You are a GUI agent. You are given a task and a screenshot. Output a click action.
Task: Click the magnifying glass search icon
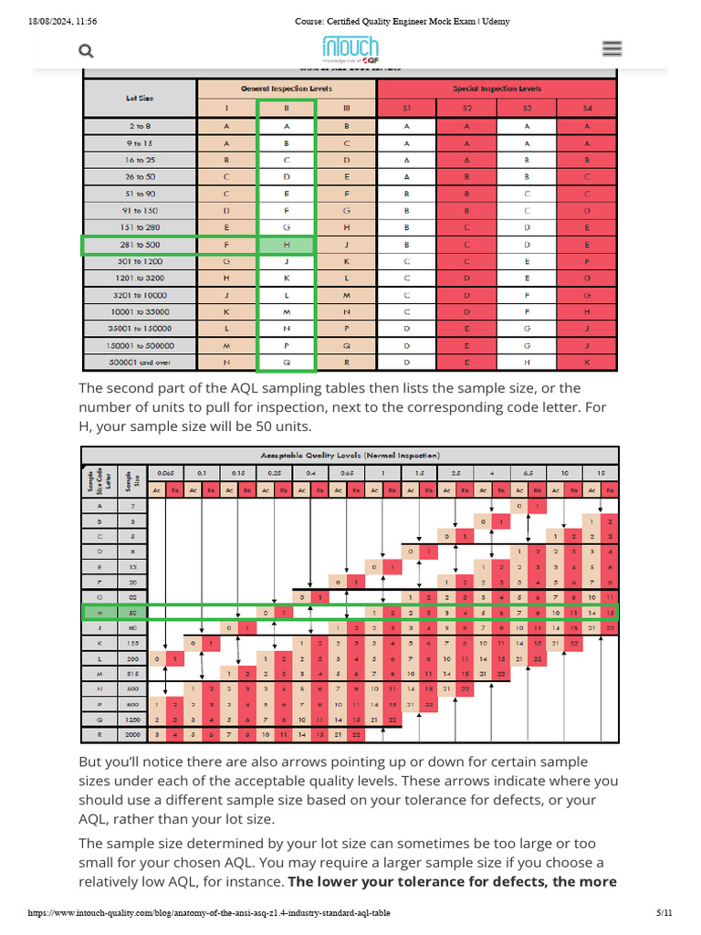click(87, 51)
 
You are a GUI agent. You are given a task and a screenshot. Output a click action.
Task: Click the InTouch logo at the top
click(350, 49)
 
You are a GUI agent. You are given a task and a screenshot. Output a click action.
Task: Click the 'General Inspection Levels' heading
click(287, 89)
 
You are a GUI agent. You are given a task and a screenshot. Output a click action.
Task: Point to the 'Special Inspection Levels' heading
click(497, 89)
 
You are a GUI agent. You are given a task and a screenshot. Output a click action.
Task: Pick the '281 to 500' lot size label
click(140, 245)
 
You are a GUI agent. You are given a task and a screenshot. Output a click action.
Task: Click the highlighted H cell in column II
click(287, 245)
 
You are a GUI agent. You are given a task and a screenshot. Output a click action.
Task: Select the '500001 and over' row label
click(140, 362)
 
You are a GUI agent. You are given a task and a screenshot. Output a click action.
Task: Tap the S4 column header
click(587, 109)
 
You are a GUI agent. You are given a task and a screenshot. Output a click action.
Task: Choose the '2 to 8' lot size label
click(140, 126)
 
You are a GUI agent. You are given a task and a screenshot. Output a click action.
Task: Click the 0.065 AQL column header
click(164, 474)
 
